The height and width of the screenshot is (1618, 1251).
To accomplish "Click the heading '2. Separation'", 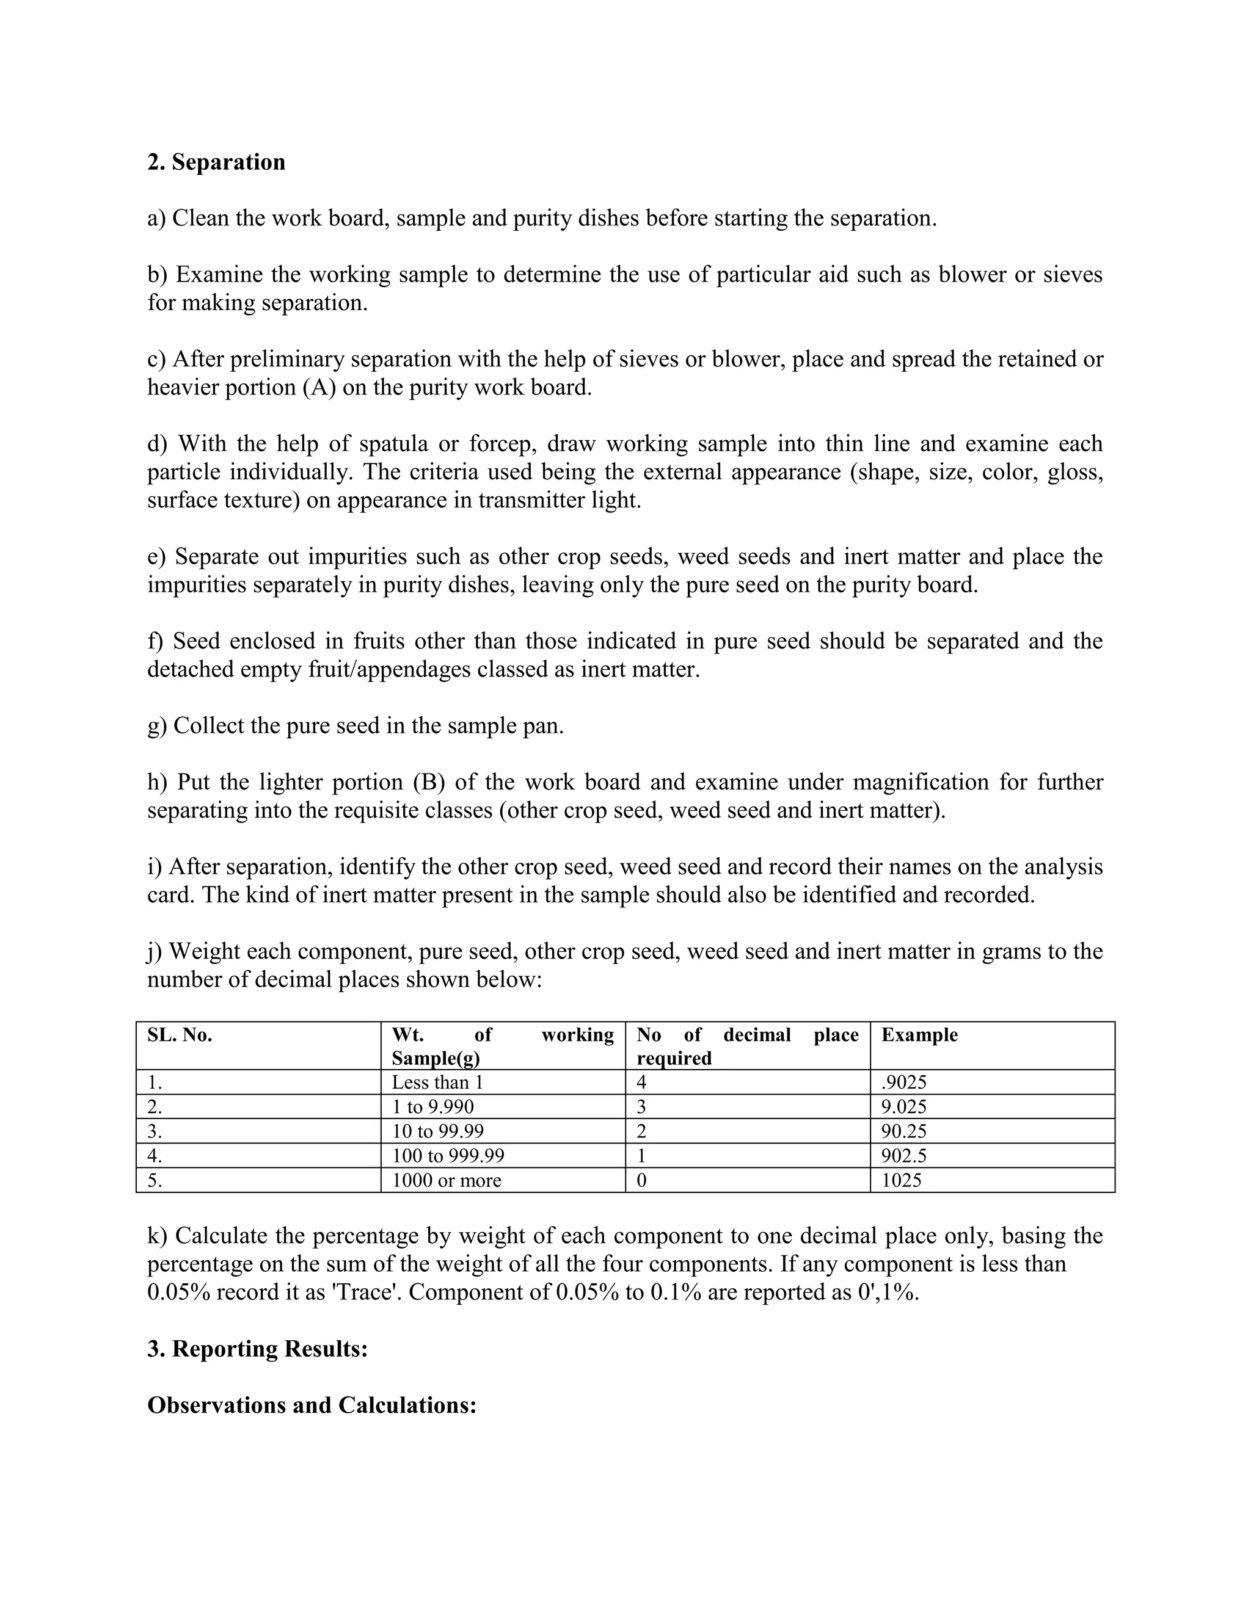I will (216, 162).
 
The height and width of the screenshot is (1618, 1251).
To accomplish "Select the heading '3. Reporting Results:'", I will (257, 1348).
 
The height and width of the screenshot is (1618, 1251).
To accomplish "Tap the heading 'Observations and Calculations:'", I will (312, 1405).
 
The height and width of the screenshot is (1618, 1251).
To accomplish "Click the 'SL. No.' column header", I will (180, 1035).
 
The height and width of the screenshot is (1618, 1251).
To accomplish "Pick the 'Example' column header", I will (919, 1035).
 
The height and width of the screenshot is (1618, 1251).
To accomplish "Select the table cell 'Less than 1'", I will (437, 1083).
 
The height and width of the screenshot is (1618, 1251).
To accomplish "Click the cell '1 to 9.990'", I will (433, 1107).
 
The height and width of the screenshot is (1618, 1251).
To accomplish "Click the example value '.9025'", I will (903, 1083).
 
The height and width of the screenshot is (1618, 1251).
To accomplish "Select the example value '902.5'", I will (903, 1156).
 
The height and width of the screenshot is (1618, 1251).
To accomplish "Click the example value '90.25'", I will (903, 1131).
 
